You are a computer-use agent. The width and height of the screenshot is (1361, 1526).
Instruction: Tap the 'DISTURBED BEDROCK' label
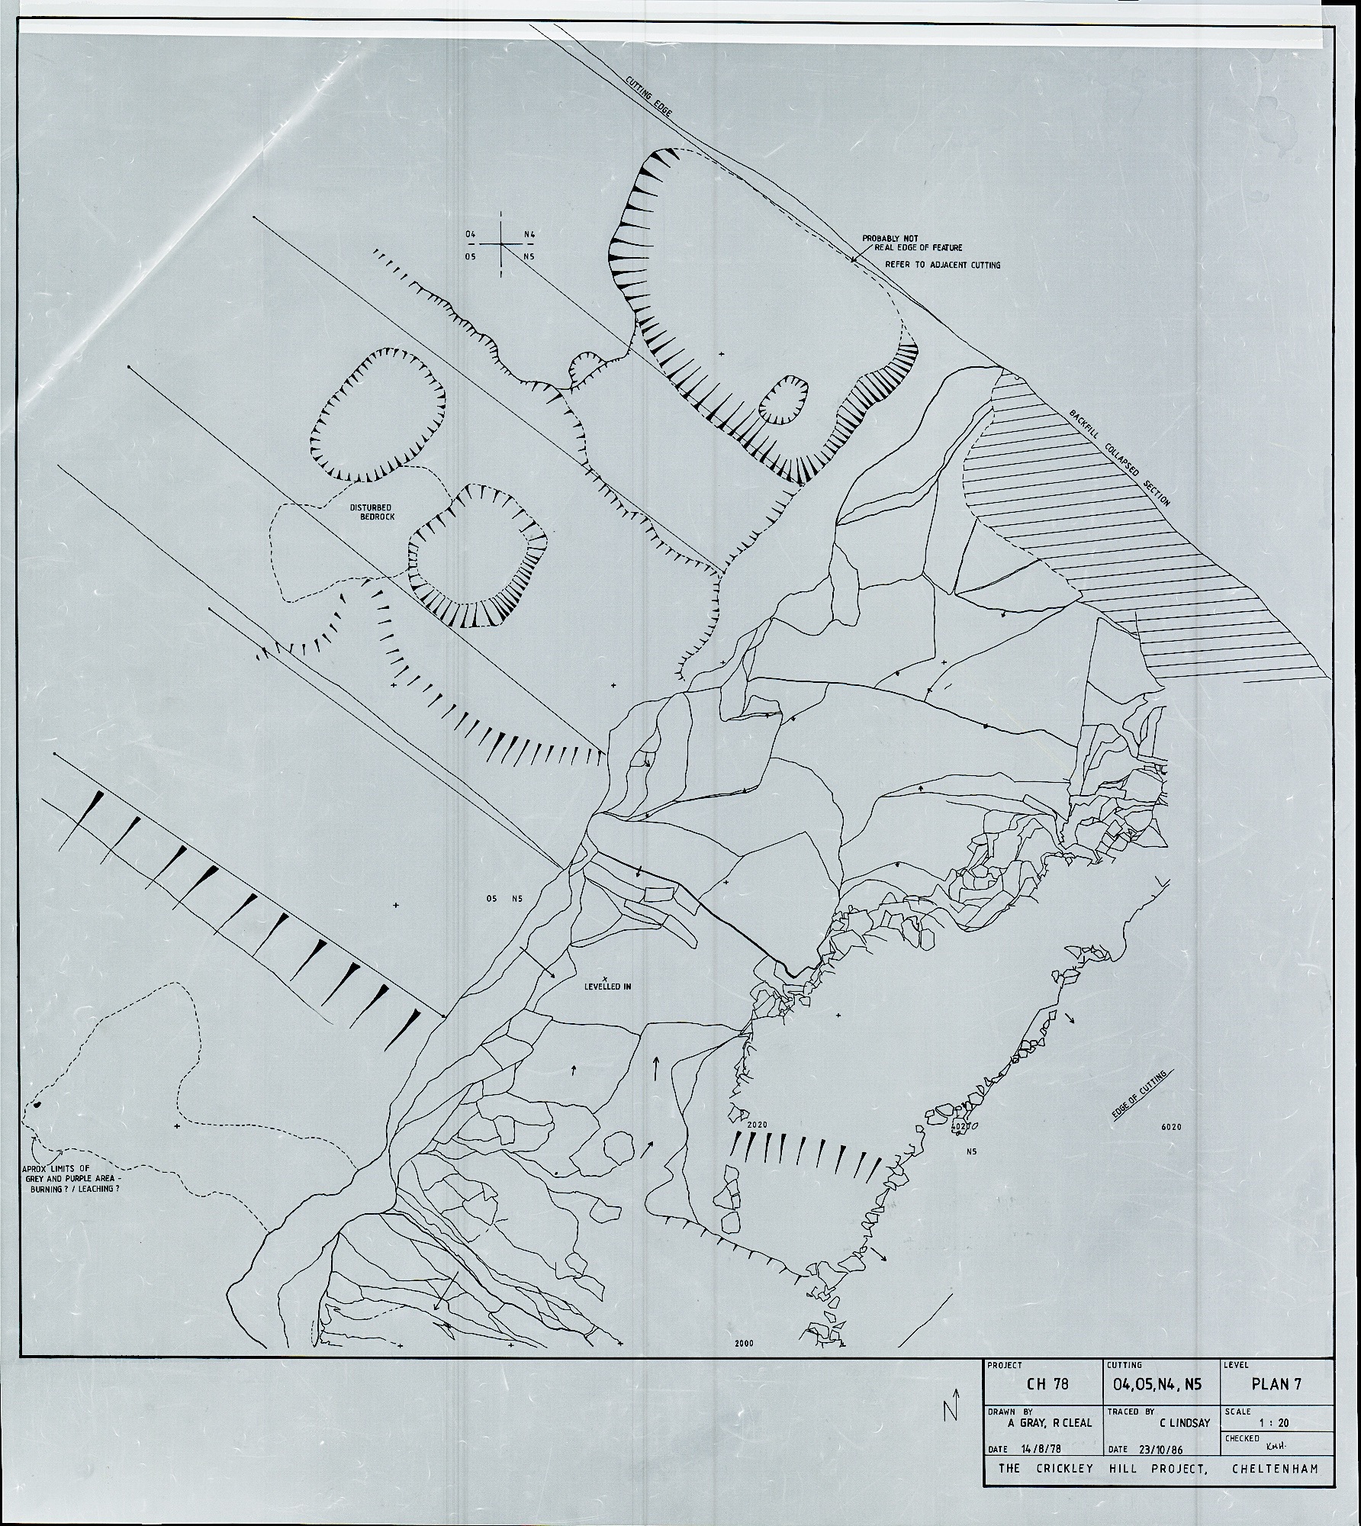point(373,512)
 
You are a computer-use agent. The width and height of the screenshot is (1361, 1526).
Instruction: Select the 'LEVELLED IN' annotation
point(607,985)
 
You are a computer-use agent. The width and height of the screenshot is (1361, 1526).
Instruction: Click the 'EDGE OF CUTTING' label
point(1138,1096)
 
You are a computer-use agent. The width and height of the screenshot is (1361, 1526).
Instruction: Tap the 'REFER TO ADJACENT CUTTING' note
point(942,266)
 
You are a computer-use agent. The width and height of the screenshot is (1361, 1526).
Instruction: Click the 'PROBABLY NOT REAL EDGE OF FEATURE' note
point(912,243)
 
